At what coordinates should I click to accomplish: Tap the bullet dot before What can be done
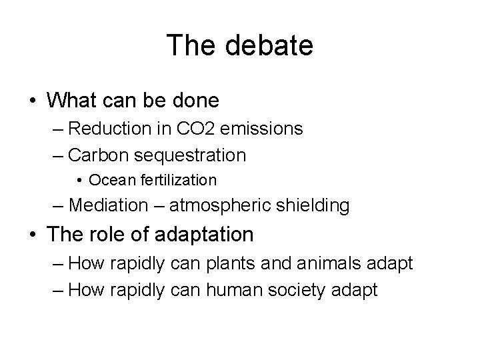pos(33,101)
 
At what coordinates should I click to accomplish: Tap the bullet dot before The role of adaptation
pos(33,235)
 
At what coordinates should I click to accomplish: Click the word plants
pos(229,263)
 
